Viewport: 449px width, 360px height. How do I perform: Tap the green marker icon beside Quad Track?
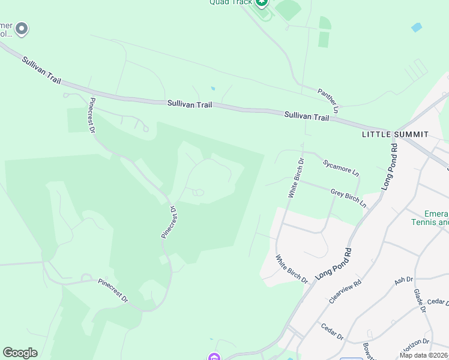click(261, 3)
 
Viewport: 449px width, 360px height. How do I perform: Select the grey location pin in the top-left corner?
click(22, 28)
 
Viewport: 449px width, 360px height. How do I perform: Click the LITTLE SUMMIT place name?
click(395, 134)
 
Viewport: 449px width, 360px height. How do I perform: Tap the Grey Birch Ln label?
click(348, 198)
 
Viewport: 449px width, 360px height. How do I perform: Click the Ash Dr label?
click(404, 281)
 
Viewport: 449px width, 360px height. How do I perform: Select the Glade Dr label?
click(419, 301)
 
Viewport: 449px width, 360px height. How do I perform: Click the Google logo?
click(20, 353)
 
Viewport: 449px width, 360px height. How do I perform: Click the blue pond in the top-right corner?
click(416, 28)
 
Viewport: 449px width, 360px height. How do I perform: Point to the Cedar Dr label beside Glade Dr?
click(438, 302)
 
